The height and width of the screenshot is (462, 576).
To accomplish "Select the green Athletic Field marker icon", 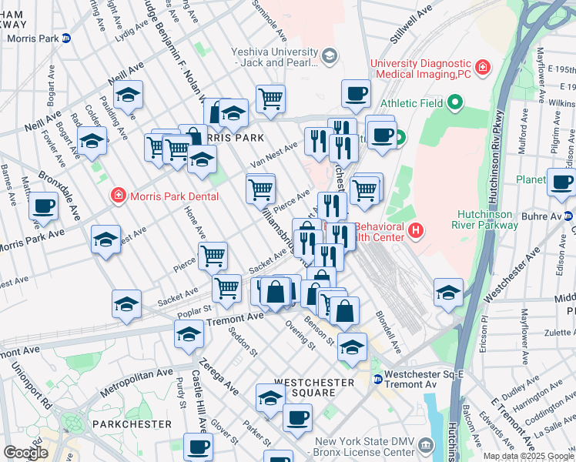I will [x=455, y=102].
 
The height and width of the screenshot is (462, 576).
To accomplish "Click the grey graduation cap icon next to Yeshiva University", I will [x=330, y=55].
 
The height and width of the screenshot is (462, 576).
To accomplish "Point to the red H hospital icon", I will [x=416, y=229].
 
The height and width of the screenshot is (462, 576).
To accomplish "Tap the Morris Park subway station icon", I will [x=66, y=38].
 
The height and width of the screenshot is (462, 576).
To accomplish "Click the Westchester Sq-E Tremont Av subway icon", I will [x=378, y=379].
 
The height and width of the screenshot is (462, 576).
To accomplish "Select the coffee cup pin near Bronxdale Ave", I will [x=44, y=206].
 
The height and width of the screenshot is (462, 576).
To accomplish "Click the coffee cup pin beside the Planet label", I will [x=561, y=182].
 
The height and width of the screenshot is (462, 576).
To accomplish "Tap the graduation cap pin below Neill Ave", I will [x=128, y=97].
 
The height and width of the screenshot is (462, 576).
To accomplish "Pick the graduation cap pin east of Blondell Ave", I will [x=448, y=292].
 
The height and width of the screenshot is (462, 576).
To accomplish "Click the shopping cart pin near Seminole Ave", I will [x=270, y=99].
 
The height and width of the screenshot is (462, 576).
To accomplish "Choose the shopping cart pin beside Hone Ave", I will [x=213, y=256].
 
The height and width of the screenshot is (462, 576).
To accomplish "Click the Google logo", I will [x=25, y=453].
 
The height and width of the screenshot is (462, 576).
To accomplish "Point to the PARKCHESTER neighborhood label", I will [x=132, y=424].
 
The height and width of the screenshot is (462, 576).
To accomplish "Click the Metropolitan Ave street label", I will [x=136, y=383].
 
